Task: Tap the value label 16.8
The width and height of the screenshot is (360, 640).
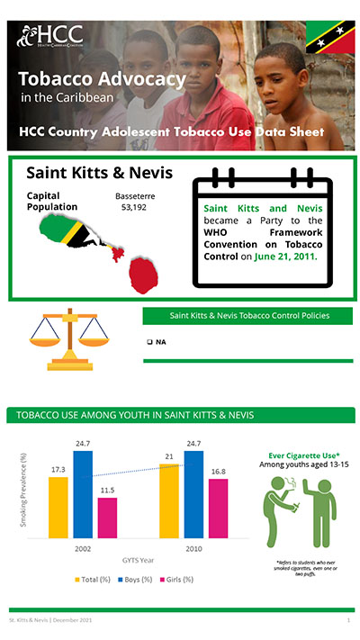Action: tap(218, 471)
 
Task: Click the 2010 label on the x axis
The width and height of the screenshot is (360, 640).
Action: tap(193, 546)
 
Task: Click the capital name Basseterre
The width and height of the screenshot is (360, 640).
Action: tap(135, 194)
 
